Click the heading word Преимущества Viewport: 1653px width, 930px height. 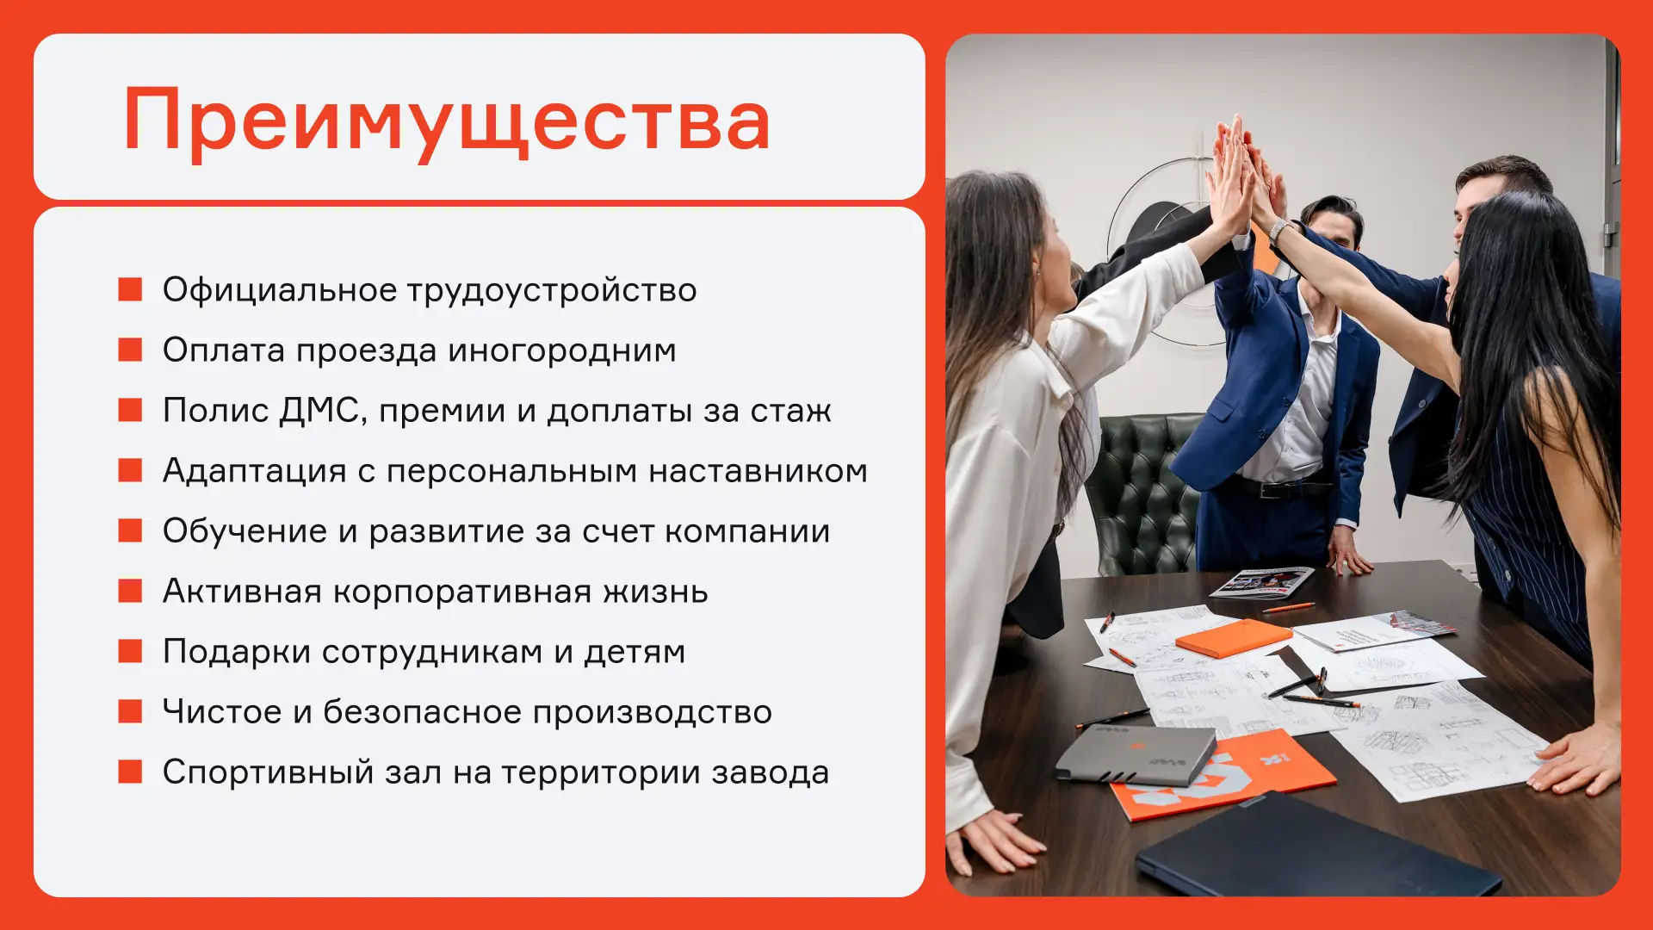click(447, 121)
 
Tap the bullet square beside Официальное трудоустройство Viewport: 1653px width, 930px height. click(130, 289)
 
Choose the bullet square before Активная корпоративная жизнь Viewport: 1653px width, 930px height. click(130, 591)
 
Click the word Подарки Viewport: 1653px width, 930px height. click(237, 652)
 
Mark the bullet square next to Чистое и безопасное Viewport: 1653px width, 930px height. click(130, 711)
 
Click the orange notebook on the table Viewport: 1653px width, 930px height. click(1233, 638)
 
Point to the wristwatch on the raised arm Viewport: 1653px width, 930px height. click(1278, 230)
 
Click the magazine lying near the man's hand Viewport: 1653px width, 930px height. click(1262, 583)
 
